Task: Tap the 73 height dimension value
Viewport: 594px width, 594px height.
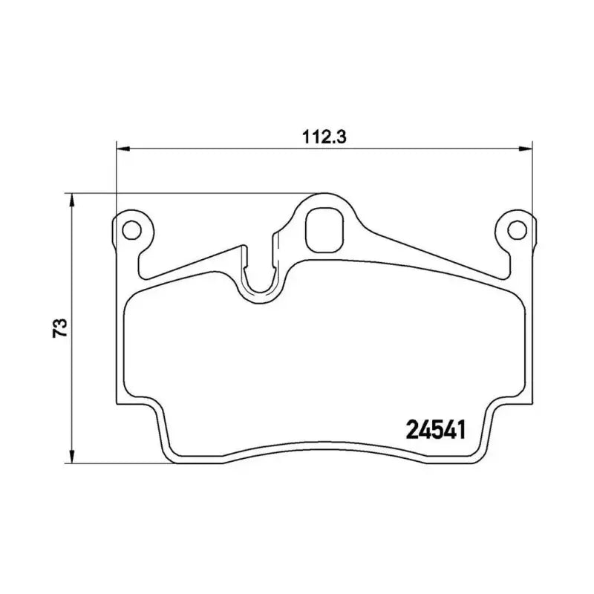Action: [62, 327]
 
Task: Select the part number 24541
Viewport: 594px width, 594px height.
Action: [435, 428]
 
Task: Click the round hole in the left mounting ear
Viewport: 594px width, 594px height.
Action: [131, 229]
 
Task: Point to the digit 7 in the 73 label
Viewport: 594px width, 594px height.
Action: [62, 333]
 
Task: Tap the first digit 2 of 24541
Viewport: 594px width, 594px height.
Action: [411, 428]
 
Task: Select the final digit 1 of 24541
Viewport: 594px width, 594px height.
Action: [460, 428]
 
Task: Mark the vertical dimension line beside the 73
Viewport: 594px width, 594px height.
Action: [72, 386]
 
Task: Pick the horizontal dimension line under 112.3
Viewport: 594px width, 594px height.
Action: [223, 148]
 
